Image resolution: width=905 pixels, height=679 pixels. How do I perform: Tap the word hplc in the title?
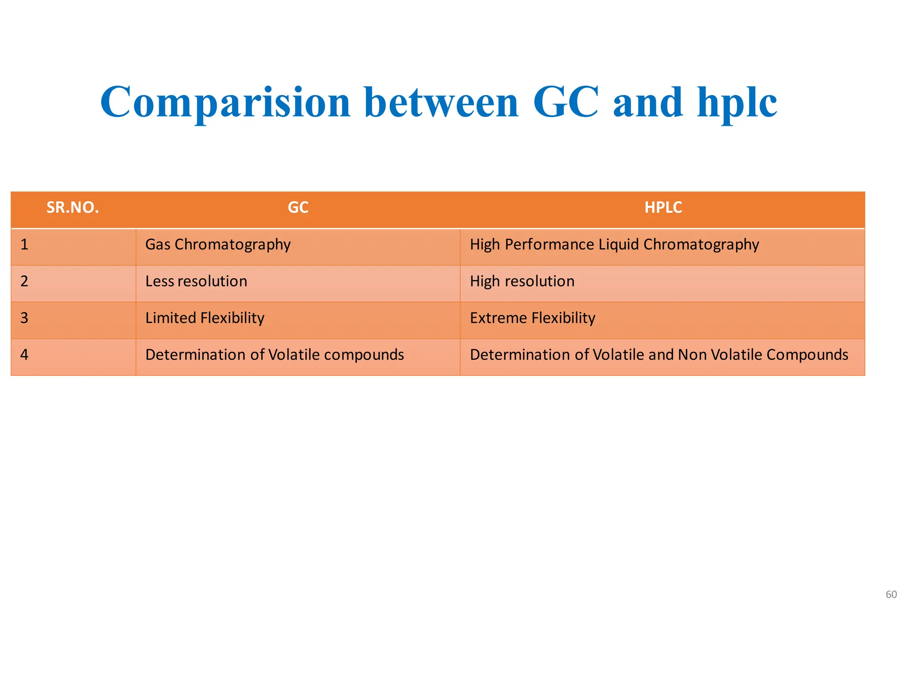click(737, 103)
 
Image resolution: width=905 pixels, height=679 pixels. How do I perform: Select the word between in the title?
click(442, 103)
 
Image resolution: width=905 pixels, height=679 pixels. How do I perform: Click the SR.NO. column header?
click(73, 207)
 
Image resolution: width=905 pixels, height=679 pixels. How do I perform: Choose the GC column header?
click(298, 207)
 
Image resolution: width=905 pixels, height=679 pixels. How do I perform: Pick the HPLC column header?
click(663, 207)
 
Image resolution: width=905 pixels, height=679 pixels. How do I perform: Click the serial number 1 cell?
click(25, 244)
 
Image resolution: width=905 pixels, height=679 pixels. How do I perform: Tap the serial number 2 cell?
click(25, 281)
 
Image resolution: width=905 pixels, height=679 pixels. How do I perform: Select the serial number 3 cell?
click(25, 318)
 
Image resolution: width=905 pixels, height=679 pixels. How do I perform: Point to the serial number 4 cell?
click(25, 355)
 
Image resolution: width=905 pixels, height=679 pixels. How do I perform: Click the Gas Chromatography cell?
click(218, 244)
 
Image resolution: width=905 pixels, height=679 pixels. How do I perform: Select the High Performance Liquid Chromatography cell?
click(614, 244)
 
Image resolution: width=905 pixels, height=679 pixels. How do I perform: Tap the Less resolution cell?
click(196, 281)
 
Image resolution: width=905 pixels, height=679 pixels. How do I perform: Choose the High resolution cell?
click(522, 281)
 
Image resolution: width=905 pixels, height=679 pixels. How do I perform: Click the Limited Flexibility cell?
click(205, 318)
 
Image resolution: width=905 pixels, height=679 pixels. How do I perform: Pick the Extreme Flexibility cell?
click(532, 318)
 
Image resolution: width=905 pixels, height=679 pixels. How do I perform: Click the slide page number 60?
click(891, 595)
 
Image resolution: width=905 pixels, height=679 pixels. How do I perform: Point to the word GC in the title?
click(566, 103)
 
